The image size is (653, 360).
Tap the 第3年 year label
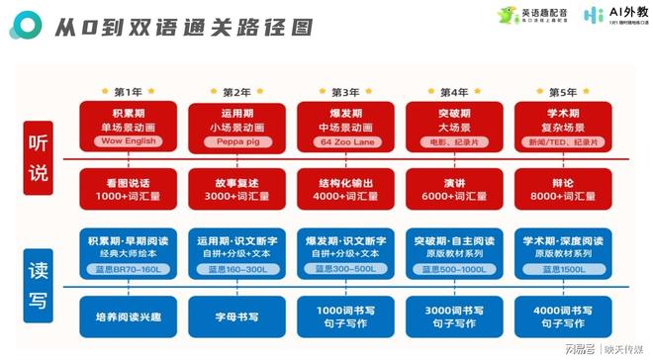tap(345, 92)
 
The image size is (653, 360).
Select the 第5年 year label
tap(561, 92)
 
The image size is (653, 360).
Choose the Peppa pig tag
tap(236, 141)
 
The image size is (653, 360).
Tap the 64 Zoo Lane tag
tap(345, 141)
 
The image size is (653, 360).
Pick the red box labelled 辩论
tap(561, 189)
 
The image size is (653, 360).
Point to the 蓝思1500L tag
tap(561, 268)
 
